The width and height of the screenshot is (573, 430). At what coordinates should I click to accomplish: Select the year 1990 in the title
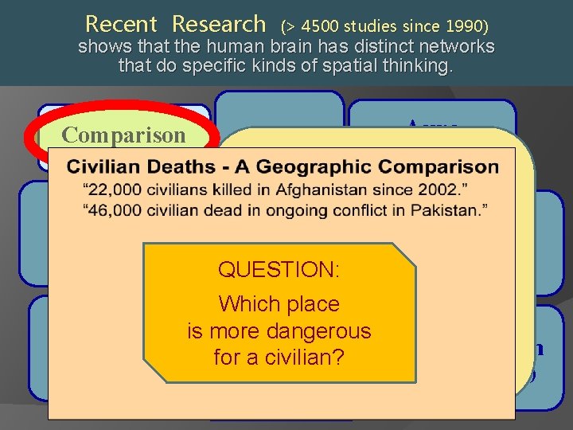(x=462, y=25)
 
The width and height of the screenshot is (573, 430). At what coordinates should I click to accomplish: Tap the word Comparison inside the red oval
(x=123, y=135)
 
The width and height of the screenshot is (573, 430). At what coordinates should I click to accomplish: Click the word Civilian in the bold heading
(x=103, y=168)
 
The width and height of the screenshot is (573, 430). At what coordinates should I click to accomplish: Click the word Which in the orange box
(x=244, y=304)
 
